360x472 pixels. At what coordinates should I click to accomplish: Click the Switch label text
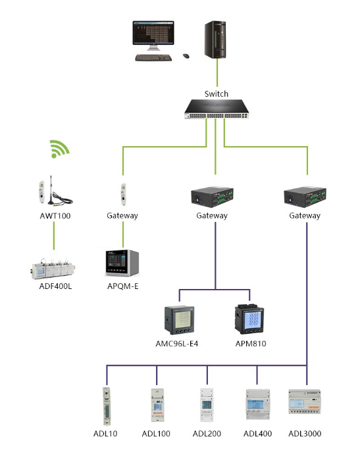[216, 94]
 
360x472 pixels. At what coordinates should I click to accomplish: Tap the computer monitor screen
[153, 33]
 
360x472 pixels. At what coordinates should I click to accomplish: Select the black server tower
[215, 39]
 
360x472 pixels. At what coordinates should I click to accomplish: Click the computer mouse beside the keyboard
[186, 56]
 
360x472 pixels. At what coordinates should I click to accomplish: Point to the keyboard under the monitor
[153, 57]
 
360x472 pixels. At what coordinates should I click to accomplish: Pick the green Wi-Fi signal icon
[59, 149]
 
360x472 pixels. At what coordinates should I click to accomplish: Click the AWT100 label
[55, 216]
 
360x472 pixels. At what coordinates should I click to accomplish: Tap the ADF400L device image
[53, 269]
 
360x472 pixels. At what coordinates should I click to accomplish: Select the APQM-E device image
[122, 263]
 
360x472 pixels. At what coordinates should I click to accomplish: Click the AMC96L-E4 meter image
[180, 320]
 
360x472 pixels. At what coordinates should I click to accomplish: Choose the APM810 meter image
[249, 319]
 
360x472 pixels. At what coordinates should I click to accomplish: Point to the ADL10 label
[105, 434]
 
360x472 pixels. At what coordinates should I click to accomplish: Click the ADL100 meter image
[157, 405]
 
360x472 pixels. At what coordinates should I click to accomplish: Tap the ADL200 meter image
[207, 405]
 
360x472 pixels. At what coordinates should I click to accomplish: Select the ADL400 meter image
[257, 404]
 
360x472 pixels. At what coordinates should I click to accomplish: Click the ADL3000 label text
[305, 434]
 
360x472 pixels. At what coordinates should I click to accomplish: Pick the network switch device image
[217, 109]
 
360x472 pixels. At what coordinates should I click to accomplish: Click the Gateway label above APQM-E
[122, 216]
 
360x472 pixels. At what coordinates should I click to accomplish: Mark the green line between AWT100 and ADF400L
[54, 236]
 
